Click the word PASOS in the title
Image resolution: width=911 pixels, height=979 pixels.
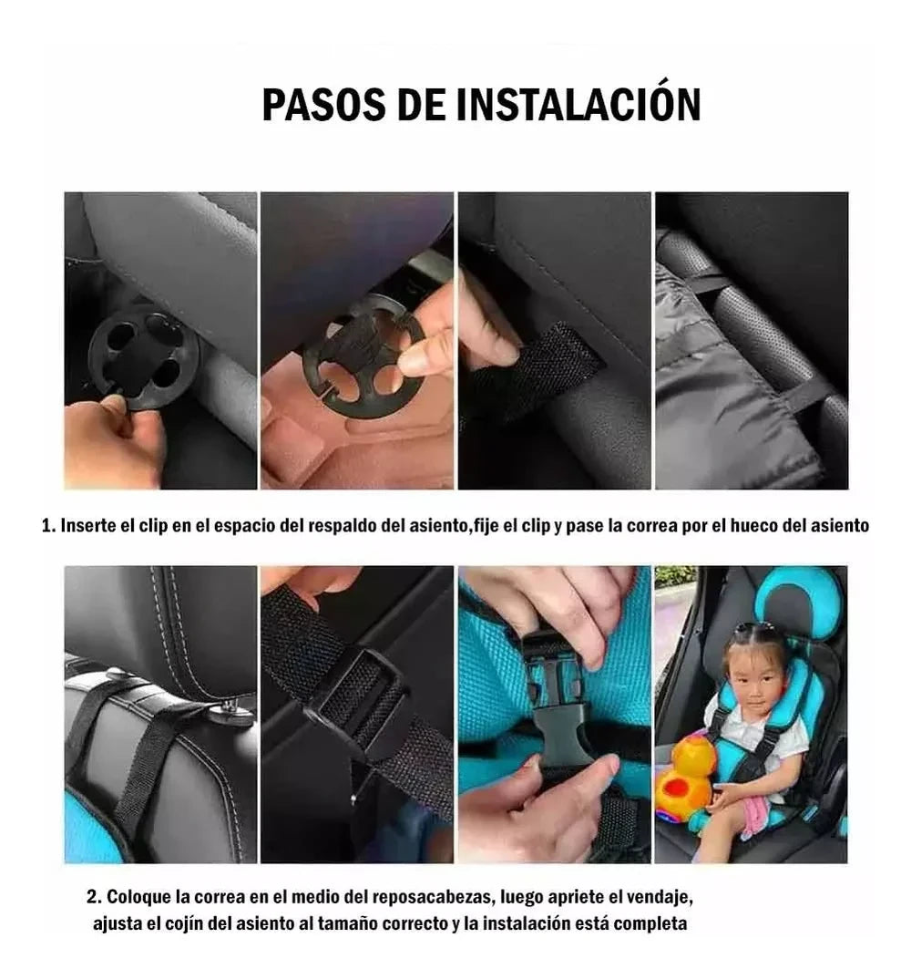(x=323, y=104)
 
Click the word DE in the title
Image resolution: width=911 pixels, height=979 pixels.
(x=421, y=104)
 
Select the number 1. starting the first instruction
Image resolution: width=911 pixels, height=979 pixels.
(x=48, y=526)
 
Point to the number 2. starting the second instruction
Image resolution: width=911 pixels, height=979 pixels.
(x=94, y=897)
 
